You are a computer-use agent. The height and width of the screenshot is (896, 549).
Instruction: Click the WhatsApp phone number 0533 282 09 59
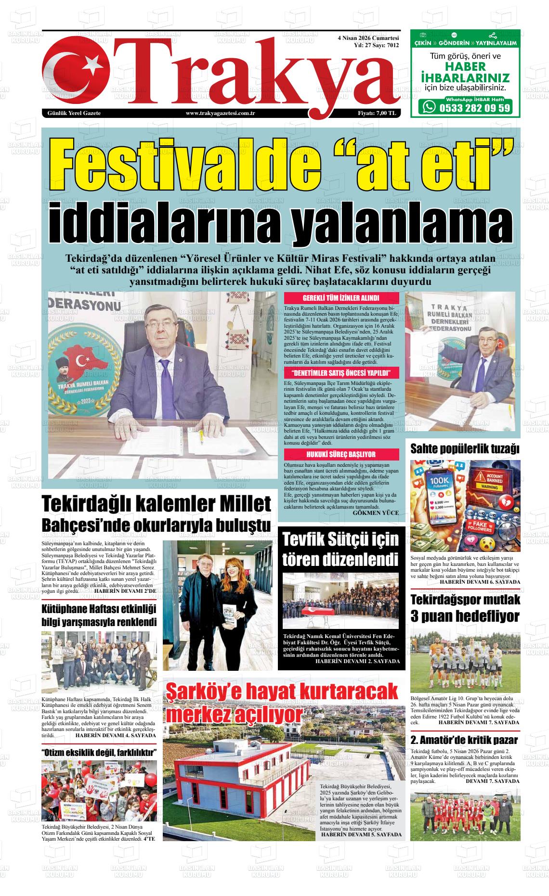[x=474, y=108]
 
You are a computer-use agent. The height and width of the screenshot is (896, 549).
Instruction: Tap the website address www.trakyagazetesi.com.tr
[x=220, y=113]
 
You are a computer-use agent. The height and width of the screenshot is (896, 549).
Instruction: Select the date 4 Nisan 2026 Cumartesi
[x=368, y=38]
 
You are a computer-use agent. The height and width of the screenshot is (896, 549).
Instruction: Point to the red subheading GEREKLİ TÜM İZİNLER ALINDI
[x=341, y=298]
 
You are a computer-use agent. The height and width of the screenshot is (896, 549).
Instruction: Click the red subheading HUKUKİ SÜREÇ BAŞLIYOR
[x=341, y=454]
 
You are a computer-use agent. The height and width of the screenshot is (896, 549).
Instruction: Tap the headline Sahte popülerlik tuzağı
[x=465, y=449]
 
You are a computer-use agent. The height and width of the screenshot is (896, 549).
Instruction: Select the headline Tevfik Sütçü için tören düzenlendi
[x=340, y=550]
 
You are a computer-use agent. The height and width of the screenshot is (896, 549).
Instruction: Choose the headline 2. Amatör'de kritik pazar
[x=464, y=740]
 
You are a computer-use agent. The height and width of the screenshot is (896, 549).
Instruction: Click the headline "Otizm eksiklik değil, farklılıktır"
[x=99, y=753]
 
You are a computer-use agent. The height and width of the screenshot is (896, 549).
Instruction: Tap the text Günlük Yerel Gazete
[x=74, y=113]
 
